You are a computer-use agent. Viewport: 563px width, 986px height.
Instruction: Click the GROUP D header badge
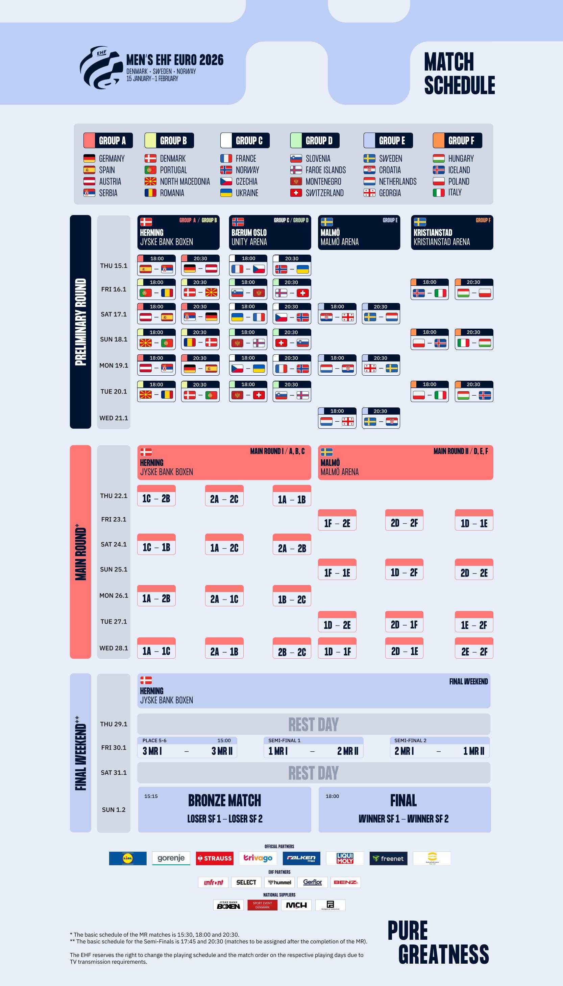pos(315,140)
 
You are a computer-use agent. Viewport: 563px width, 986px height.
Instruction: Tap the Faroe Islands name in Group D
pos(325,170)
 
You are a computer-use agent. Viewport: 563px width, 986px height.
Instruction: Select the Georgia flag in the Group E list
pos(369,193)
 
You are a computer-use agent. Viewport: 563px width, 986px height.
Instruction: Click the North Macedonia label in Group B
pos(185,182)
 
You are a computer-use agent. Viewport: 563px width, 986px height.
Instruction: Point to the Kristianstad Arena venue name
pos(441,242)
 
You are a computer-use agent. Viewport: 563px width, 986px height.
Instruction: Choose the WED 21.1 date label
pos(114,418)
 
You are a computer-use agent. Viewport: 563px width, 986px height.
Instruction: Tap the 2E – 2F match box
pos(474,648)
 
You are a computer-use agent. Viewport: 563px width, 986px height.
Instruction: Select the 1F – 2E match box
pos(337,520)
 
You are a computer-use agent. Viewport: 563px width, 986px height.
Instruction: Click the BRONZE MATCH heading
pos(224,800)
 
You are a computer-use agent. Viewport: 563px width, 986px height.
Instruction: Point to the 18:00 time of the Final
pos(332,796)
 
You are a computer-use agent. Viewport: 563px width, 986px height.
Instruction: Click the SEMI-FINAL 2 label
pos(410,741)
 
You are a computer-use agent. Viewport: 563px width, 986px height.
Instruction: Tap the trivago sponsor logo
pos(258,858)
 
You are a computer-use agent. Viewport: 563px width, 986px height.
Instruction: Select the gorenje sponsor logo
pos(171,858)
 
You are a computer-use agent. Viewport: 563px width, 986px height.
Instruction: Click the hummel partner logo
pos(280,882)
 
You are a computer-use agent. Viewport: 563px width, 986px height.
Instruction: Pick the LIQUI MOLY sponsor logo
pos(345,858)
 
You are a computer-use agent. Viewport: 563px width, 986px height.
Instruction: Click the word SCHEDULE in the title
pos(459,85)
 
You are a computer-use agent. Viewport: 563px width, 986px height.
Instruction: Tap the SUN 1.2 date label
pos(114,809)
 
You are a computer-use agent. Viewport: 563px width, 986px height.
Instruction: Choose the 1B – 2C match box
pos(292,596)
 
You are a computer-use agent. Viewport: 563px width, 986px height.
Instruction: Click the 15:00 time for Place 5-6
pos(224,741)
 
